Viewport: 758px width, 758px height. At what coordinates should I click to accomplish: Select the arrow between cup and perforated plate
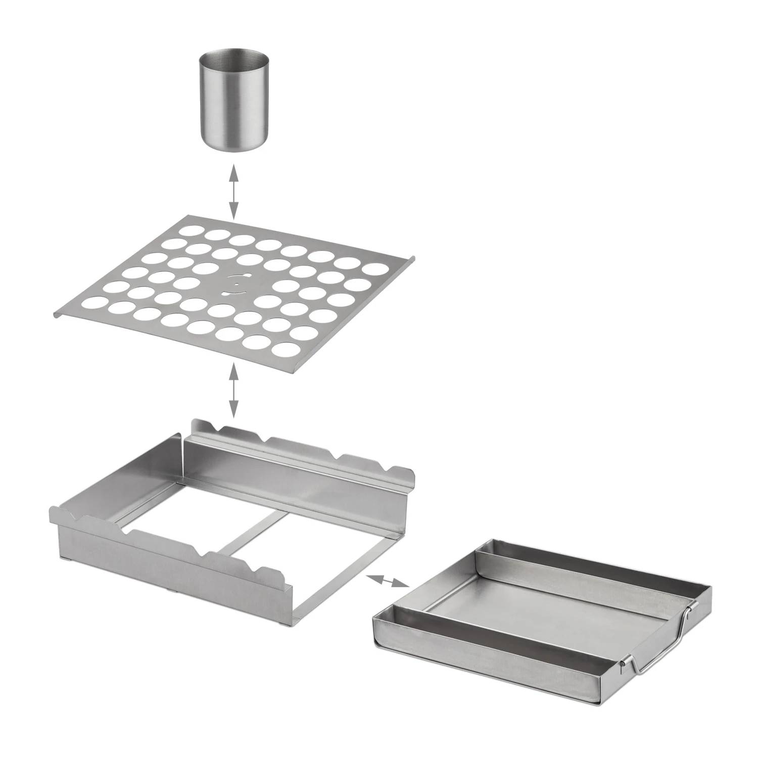pyautogui.click(x=233, y=192)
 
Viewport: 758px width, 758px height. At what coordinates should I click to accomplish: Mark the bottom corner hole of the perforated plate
pyautogui.click(x=285, y=349)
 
